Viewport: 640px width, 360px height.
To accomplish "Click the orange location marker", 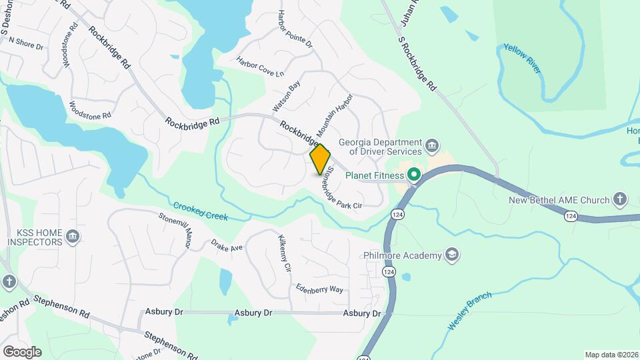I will [x=320, y=159].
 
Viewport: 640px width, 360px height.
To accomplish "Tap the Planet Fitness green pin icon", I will [x=414, y=175].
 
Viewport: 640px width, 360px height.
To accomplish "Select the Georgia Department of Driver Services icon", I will [x=432, y=145].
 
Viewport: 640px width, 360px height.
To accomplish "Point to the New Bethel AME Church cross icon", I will [x=620, y=199].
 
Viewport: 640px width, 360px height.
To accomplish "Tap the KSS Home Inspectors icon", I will [x=73, y=235].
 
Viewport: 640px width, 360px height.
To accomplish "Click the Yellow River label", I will [x=522, y=59].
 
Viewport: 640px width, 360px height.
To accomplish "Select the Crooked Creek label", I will [x=201, y=211].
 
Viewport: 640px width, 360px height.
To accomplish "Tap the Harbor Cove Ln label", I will [x=260, y=66].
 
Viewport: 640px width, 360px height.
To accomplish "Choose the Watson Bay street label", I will [x=287, y=97].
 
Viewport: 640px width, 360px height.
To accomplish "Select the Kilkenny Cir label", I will [x=284, y=253].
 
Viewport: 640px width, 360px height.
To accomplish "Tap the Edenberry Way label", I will [x=320, y=289].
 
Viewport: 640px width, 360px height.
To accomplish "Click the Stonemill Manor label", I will [x=175, y=229].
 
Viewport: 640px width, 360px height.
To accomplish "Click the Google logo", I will [x=22, y=351].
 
